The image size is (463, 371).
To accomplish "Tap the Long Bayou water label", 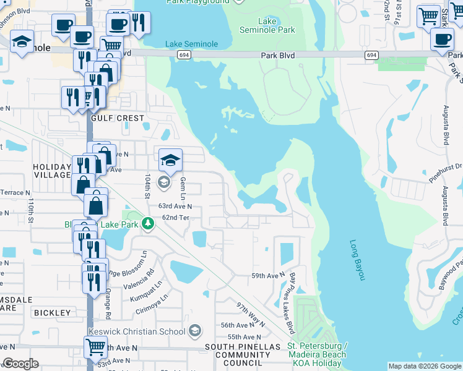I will click(x=358, y=260).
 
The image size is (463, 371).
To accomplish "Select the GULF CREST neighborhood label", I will click(x=117, y=118).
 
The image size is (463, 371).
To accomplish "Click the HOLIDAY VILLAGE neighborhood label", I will click(x=52, y=171).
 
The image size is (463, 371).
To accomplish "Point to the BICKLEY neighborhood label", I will click(x=53, y=313).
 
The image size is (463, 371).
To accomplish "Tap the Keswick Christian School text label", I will click(x=137, y=331).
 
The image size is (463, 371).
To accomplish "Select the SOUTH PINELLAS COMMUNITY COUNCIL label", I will click(x=242, y=355).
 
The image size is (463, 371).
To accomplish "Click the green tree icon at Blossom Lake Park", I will click(x=147, y=223).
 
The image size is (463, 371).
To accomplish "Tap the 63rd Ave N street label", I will click(x=175, y=206).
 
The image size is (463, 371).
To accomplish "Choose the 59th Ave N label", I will click(x=267, y=275).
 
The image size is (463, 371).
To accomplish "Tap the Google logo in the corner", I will click(x=20, y=364).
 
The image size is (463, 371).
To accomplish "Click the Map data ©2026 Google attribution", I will click(x=425, y=367).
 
